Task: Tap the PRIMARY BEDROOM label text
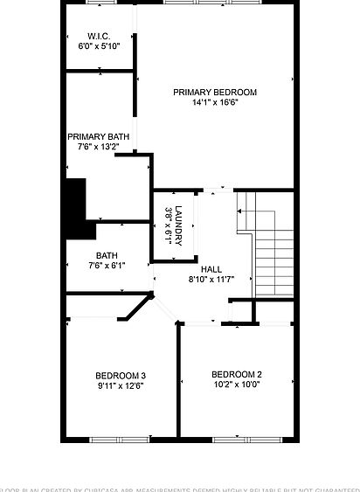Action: [x=215, y=92]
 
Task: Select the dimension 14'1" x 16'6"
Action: [x=215, y=102]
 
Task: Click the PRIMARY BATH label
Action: [x=99, y=136]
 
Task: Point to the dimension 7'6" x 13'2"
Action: [x=99, y=147]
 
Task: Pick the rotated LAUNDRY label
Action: [x=178, y=224]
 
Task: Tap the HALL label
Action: [x=211, y=269]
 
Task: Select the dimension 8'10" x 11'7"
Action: [x=211, y=280]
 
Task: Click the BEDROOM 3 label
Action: [x=120, y=376]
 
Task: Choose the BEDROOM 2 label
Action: [x=237, y=374]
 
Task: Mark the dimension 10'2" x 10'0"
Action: [x=237, y=385]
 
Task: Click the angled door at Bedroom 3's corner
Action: [x=136, y=308]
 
